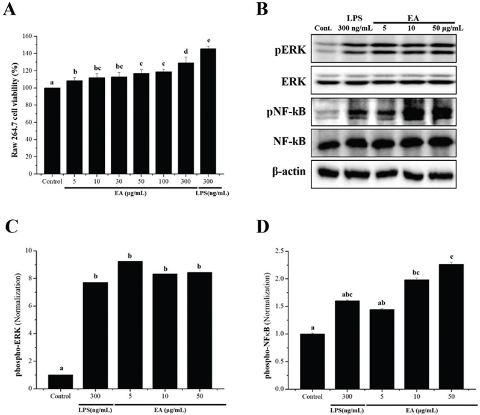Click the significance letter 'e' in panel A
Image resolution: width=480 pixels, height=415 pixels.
(x=208, y=42)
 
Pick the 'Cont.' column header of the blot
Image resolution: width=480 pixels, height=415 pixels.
(x=323, y=27)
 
